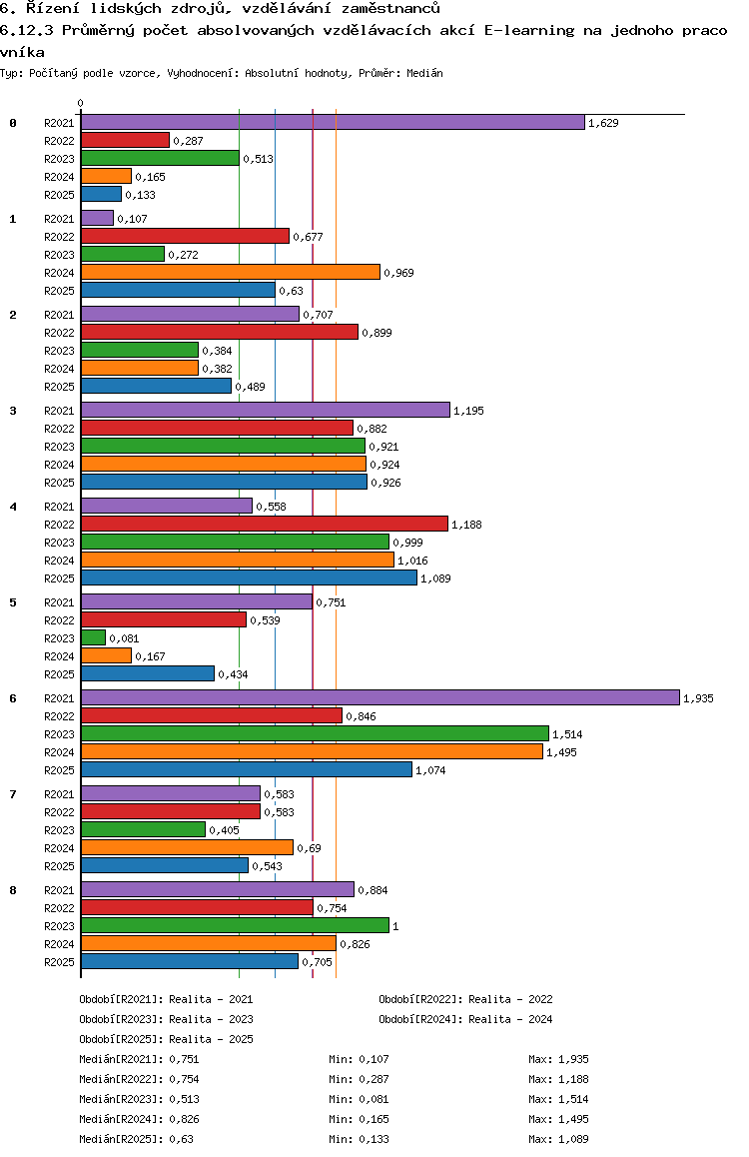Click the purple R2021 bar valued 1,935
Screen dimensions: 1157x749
point(379,697)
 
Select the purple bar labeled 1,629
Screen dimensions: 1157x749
point(333,122)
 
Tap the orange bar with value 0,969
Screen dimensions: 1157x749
point(230,272)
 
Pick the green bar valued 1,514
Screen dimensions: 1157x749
point(315,733)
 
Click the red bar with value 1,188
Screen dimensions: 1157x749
point(264,524)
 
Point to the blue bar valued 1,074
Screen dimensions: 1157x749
point(246,769)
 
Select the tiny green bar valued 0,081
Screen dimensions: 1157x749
point(93,637)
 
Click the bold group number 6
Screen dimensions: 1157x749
point(13,698)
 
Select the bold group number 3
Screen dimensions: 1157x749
point(13,411)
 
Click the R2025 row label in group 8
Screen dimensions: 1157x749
point(59,962)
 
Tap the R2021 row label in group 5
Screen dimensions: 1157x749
point(59,602)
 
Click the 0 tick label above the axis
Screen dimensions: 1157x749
point(81,103)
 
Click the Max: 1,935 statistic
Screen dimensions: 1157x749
point(558,1059)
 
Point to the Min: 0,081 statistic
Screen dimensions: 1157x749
point(359,1099)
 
